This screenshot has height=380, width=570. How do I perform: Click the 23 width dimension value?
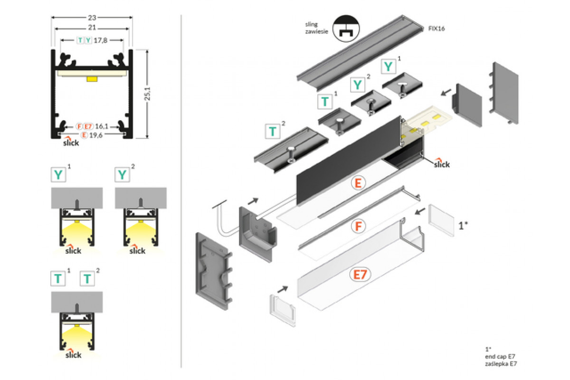point(92,16)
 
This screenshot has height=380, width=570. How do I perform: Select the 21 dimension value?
point(92,28)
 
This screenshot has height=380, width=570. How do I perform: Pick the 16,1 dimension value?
point(102,126)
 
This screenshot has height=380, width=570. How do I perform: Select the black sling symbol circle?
point(345,28)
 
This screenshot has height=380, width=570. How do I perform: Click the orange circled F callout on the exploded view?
point(359,226)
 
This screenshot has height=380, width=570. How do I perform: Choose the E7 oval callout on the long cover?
point(360,275)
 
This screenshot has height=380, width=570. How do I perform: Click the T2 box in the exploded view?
point(273,131)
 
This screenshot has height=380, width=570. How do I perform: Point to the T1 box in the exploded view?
point(325,101)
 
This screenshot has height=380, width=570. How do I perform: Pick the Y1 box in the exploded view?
point(389,66)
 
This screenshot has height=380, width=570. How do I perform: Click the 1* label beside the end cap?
point(464,226)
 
